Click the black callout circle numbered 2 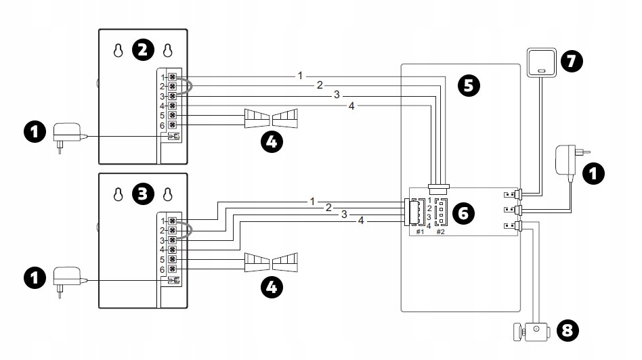142,50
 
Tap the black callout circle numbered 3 142,194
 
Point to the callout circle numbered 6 463,212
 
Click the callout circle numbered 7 571,61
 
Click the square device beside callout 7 540,63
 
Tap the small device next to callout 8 532,331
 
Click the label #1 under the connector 419,232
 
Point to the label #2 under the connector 440,232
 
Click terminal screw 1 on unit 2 173,78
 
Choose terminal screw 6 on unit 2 173,125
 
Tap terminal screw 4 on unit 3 173,250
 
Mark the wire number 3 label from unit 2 336,95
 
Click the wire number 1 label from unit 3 312,201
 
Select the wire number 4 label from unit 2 351,106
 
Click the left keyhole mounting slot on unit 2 119,51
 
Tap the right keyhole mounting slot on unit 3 167,195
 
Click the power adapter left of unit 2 67,133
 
